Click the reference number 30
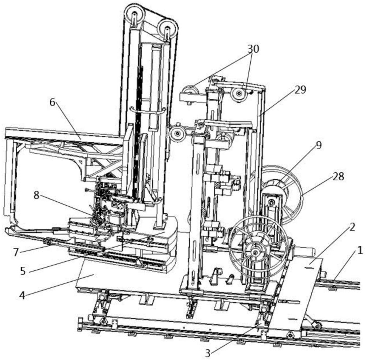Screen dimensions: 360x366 coord(253,49)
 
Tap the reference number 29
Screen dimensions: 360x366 coord(300,90)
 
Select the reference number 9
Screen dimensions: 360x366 coord(319,145)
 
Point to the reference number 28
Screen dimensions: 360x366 coord(339,177)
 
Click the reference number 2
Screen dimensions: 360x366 coord(352,227)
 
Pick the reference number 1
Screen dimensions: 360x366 coord(360,251)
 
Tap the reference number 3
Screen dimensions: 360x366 coord(208,353)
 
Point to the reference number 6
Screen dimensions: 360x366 coord(52,102)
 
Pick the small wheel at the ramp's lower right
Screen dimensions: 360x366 coord(317,325)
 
